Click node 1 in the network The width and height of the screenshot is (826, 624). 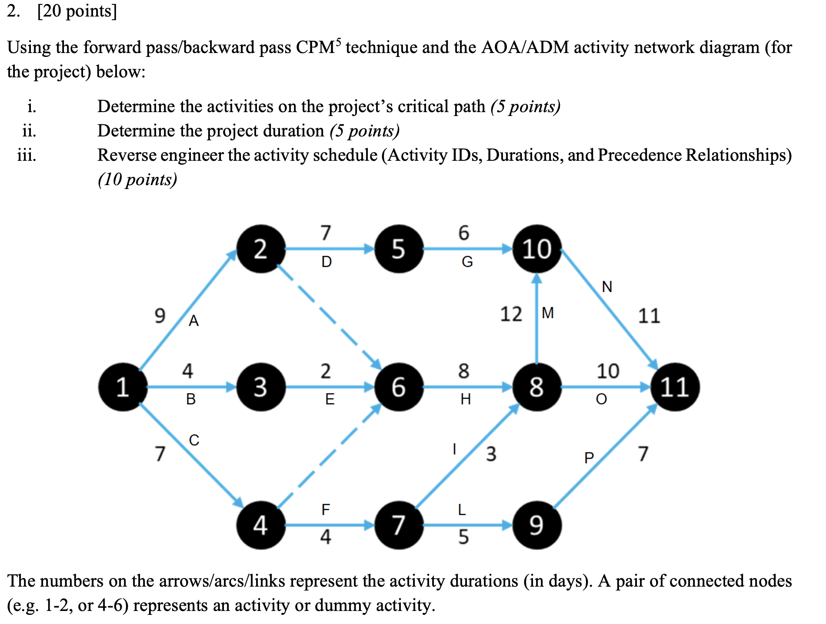pos(123,387)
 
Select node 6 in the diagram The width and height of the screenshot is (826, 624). pos(399,387)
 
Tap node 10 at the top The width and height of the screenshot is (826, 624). pos(537,249)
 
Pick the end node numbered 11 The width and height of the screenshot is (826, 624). pos(675,387)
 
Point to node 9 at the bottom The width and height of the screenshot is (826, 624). pos(537,525)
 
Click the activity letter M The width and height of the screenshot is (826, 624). pos(548,313)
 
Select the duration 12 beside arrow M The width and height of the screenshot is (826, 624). pos(511,314)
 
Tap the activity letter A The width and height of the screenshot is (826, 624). pos(194,321)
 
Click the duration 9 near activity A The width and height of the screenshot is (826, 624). pos(160,315)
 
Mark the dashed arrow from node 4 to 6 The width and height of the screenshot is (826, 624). pos(329,456)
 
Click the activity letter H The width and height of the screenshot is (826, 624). pos(466,399)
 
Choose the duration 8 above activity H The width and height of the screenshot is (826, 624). pos(463,371)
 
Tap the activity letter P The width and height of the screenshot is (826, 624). pos(589,458)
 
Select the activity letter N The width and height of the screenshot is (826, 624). pos(607,287)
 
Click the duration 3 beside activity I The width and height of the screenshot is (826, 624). pos(491,454)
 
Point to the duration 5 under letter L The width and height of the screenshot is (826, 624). pos(463,537)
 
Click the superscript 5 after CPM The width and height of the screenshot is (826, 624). pos(339,41)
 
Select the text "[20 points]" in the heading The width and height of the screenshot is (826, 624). pos(77,11)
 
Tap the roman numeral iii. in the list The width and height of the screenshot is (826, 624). pos(27,155)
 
